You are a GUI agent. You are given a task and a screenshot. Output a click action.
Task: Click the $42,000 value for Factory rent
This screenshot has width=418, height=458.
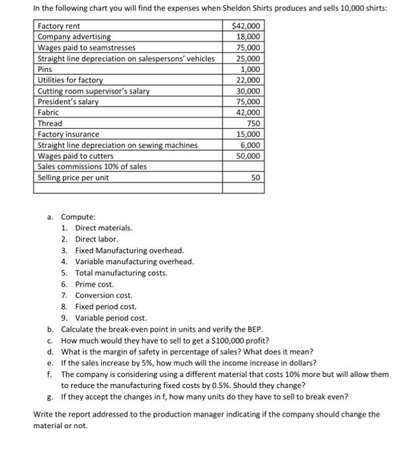(246, 26)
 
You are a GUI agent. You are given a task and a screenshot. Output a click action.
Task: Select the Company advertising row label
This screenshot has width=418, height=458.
(74, 37)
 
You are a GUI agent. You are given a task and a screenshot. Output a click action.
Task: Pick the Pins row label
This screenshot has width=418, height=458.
(44, 69)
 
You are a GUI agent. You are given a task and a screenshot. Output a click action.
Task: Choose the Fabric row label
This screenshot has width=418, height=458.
(48, 113)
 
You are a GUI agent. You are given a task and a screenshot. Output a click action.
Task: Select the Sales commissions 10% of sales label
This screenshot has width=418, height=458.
(92, 166)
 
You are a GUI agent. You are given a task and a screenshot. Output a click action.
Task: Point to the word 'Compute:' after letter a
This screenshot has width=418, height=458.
(78, 217)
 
